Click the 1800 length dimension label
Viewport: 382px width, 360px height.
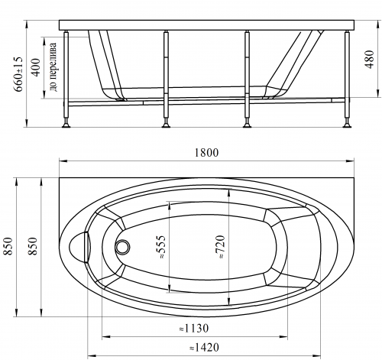tap(206, 152)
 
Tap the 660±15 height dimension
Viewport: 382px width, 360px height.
tap(18, 74)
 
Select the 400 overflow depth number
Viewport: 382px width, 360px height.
tap(36, 67)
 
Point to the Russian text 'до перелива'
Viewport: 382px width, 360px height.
tap(53, 67)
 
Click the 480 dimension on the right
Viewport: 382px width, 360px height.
tap(369, 60)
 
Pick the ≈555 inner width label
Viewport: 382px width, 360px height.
tap(162, 247)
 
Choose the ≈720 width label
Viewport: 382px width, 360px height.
tap(221, 247)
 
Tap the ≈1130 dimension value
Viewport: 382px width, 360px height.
tap(194, 329)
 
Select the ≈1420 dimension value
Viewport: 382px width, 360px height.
tap(204, 347)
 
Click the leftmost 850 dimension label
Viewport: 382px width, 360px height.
tap(8, 246)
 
